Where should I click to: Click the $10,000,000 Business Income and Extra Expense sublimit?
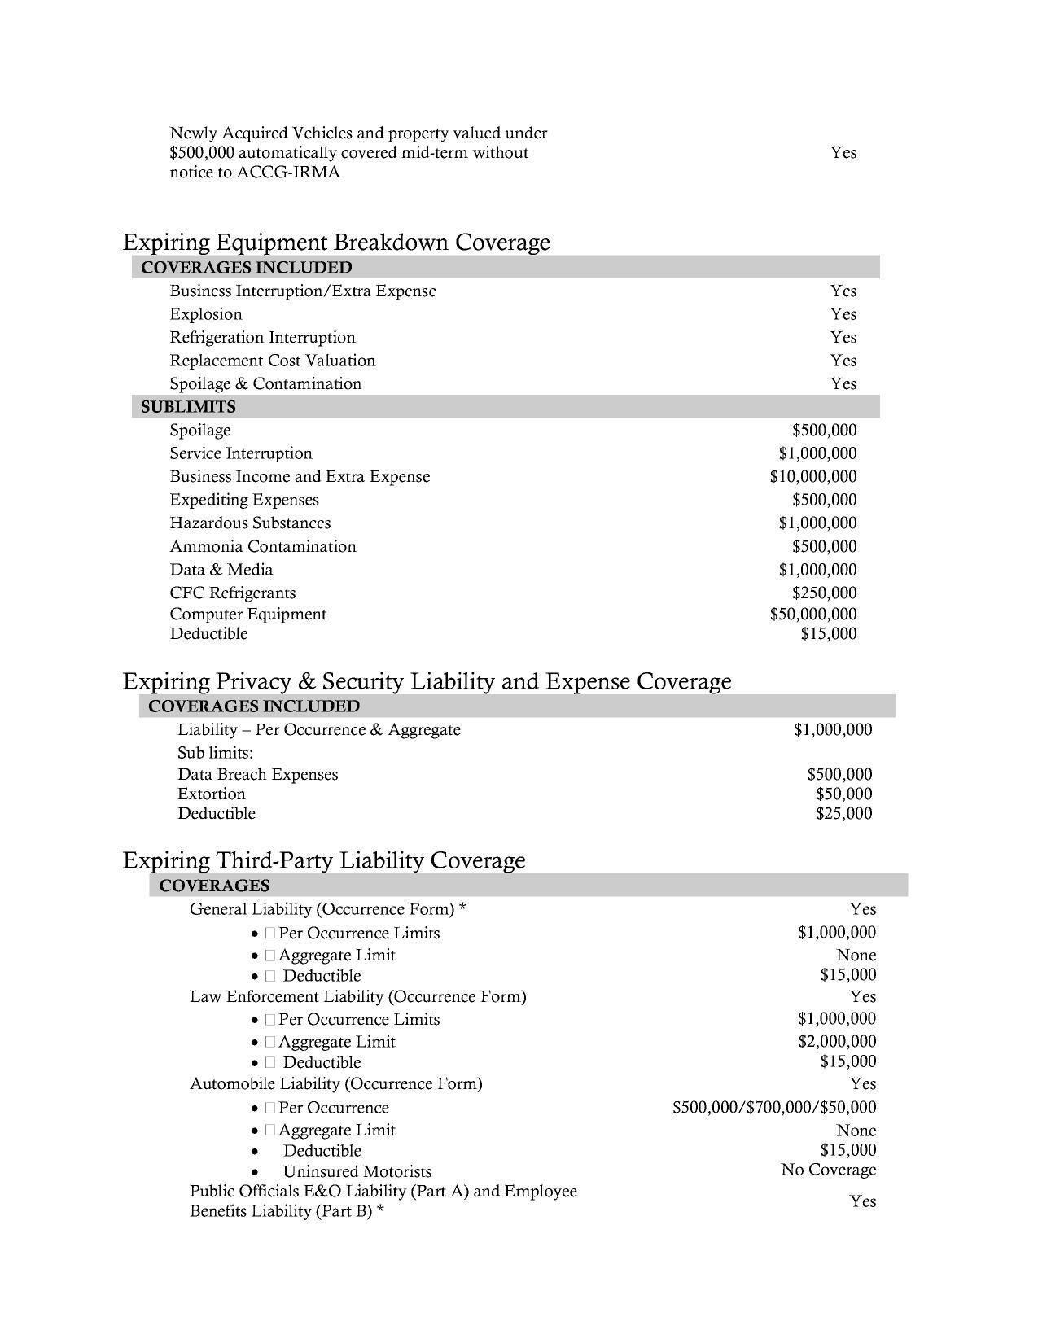812,476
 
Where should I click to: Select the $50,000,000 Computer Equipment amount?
812,614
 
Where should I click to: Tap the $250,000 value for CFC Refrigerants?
824,593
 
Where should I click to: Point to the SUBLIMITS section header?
188,406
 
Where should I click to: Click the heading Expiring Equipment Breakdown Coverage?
336,242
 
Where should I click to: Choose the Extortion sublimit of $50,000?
843,794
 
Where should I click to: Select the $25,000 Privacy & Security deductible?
843,813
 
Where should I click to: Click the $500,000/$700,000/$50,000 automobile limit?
774,1107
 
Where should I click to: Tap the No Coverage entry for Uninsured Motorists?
828,1170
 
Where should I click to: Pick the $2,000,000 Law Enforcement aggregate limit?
836,1041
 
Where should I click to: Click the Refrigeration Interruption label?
262,337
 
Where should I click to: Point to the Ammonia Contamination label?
263,546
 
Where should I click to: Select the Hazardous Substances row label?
250,523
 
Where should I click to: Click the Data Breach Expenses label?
257,774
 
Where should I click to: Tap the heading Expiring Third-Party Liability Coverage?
324,860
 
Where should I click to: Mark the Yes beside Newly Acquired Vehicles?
843,152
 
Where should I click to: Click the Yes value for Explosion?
843,314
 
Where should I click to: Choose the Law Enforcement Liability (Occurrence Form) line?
357,996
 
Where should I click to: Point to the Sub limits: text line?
215,752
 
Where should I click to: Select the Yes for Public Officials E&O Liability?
862,1201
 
